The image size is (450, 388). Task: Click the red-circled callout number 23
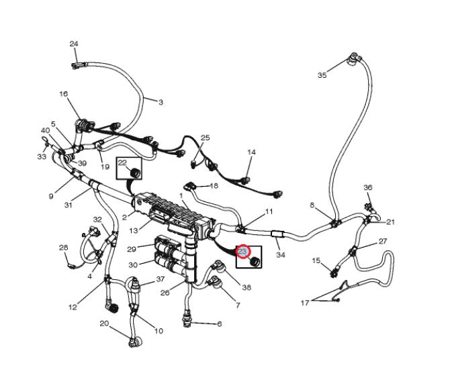[x=242, y=252]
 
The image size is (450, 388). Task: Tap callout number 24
[x=74, y=44]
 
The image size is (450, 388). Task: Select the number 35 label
[x=322, y=75]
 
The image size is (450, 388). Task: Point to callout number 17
[x=305, y=303]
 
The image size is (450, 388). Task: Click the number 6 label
[x=219, y=324]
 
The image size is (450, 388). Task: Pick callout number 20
[x=104, y=324]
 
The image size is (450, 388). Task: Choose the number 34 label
[x=280, y=254]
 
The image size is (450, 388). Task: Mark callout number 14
[x=251, y=152]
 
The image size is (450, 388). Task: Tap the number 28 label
[x=63, y=248]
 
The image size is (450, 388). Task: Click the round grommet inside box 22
[x=134, y=173]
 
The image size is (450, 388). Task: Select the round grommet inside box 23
[x=255, y=262]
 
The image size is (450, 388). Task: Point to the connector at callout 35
[x=354, y=58]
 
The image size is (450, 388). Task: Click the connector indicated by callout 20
[x=135, y=342]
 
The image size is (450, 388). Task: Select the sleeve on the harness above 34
[x=277, y=234]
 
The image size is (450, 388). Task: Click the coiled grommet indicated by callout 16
[x=83, y=126]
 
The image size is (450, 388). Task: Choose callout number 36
[x=367, y=187]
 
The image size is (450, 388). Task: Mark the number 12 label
[x=73, y=307]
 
